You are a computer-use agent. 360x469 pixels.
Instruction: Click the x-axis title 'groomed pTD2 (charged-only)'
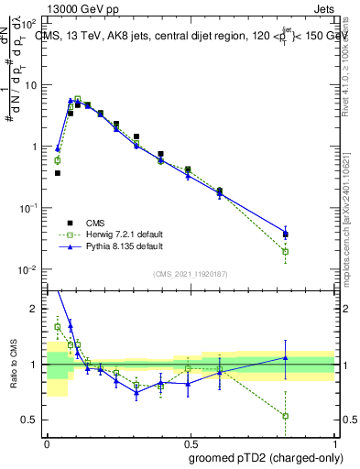(266, 457)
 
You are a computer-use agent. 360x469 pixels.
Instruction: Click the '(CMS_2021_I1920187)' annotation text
(189, 273)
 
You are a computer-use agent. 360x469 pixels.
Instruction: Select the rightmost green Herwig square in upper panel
(286, 251)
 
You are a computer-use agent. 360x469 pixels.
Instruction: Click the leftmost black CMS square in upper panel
(58, 172)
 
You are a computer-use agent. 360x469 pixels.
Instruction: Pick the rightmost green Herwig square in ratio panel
(286, 416)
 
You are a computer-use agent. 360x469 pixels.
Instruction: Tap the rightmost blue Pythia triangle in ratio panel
(286, 358)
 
